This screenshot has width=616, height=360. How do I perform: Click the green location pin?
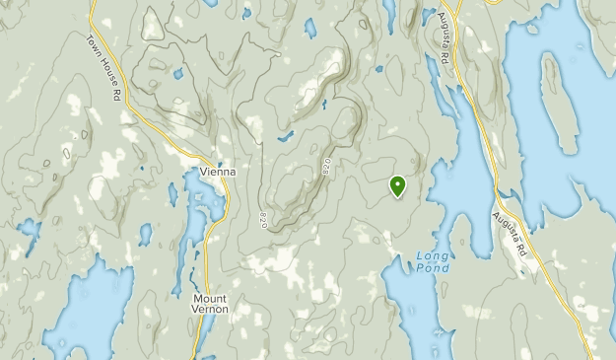click(397, 184)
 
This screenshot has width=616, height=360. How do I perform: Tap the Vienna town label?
click(217, 171)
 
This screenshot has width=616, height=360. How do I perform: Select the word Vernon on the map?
click(211, 310)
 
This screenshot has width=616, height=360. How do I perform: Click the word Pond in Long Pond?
click(433, 268)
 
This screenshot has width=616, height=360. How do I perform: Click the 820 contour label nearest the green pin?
click(326, 169)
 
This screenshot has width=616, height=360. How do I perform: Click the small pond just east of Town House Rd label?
click(178, 72)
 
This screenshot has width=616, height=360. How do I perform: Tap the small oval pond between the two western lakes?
click(146, 234)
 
